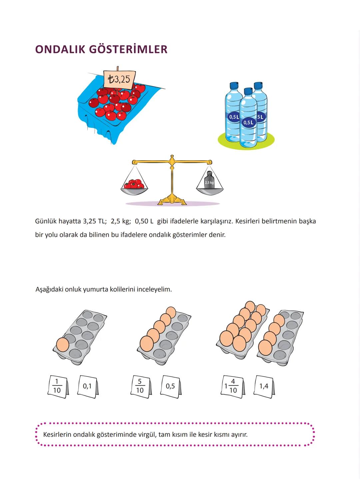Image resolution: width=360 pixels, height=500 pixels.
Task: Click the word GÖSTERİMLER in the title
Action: (x=128, y=49)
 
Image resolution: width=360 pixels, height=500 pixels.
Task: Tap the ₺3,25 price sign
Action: (x=119, y=79)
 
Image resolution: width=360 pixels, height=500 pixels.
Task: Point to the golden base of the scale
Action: (x=172, y=199)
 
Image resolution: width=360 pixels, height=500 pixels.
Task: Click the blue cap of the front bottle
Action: (x=248, y=91)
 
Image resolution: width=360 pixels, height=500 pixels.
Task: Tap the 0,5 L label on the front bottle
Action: (x=249, y=123)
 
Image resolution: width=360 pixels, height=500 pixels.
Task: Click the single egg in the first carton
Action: (x=63, y=344)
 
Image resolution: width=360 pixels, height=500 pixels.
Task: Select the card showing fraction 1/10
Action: (x=58, y=387)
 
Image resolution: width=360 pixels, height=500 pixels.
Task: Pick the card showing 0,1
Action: (x=88, y=387)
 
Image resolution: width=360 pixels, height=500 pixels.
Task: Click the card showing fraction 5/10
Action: (x=141, y=387)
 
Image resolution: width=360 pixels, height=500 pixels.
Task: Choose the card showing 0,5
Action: (x=171, y=387)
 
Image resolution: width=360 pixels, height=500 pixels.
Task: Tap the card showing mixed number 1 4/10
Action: (x=233, y=387)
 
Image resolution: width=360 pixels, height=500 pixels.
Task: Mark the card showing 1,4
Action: (x=264, y=387)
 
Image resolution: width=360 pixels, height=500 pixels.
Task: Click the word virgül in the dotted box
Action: (x=146, y=435)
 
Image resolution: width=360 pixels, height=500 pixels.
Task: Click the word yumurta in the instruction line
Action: (x=94, y=289)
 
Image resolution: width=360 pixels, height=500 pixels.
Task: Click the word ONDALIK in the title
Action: (x=60, y=49)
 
